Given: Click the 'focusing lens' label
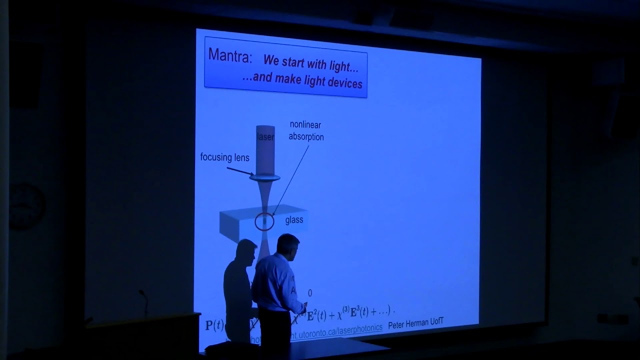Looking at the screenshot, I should click(224, 158).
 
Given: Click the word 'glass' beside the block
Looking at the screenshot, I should click(294, 220).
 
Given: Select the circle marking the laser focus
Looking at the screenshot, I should click(264, 221).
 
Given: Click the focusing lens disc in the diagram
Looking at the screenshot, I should click(265, 176).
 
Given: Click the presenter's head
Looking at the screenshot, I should click(288, 244).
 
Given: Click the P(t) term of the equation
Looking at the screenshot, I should click(215, 324).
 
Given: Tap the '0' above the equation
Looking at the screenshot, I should click(309, 293).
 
